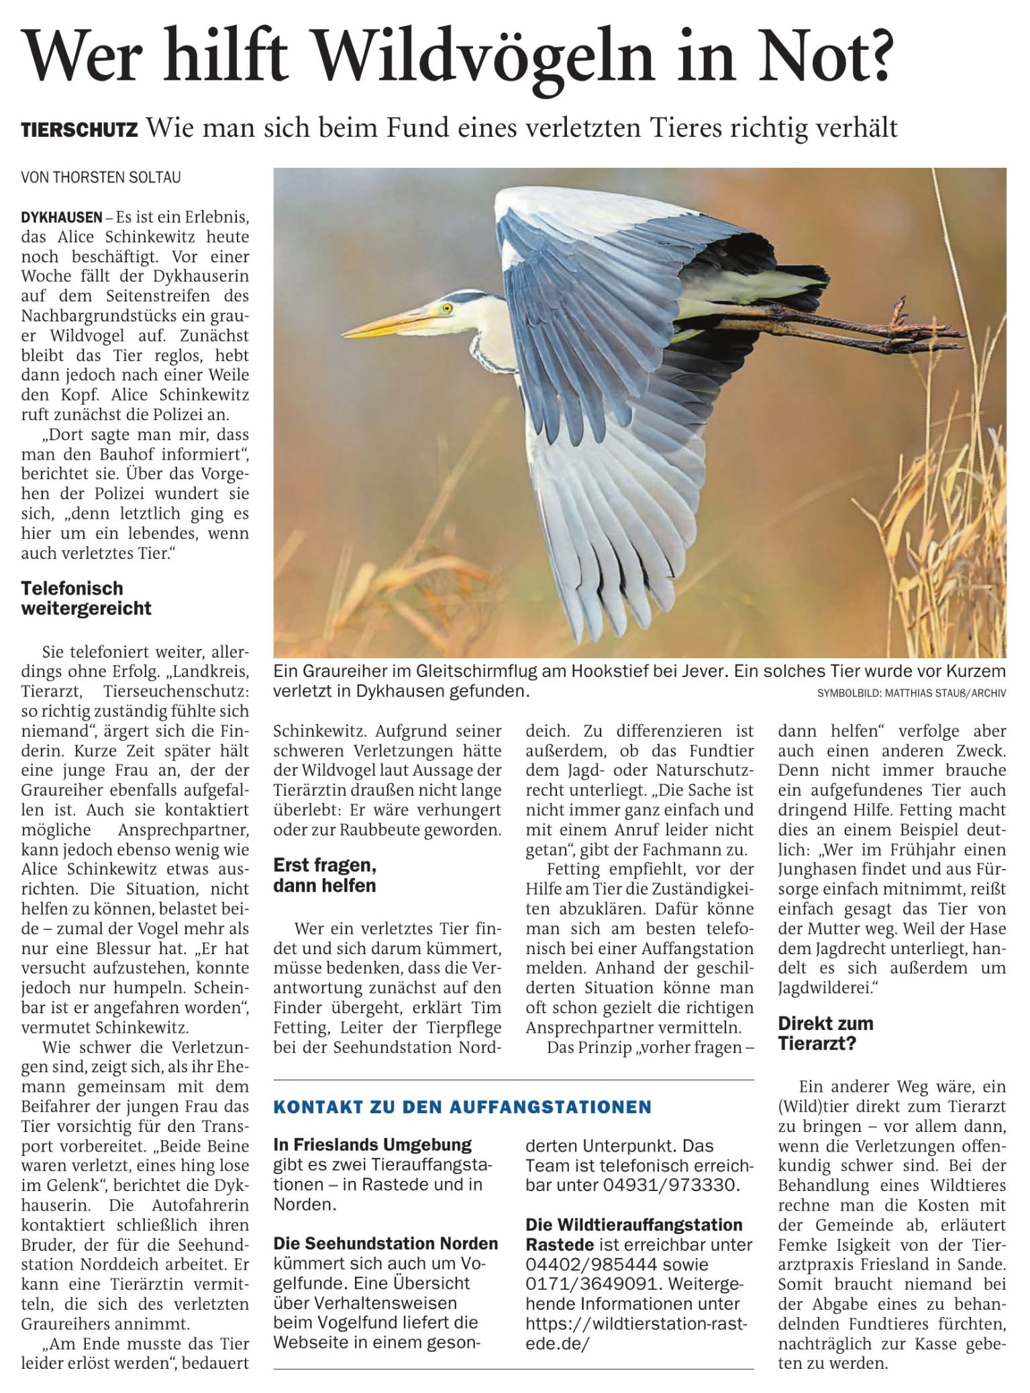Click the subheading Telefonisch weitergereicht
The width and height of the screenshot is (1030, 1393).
tap(87, 598)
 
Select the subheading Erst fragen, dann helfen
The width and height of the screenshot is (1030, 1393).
tap(325, 875)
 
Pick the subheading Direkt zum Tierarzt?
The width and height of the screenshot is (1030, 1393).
tap(826, 1033)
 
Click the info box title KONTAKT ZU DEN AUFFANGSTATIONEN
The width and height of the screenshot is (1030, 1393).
tap(462, 1106)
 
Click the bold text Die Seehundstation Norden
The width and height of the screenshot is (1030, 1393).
tap(386, 1243)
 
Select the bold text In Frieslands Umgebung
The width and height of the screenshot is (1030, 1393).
tap(372, 1145)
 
